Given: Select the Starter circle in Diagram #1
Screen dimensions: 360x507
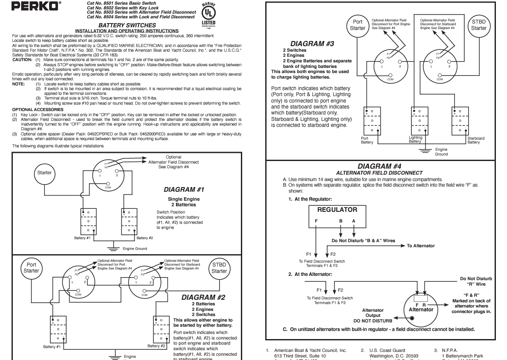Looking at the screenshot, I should [44, 173].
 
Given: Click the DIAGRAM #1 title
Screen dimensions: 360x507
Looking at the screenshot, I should [184, 189].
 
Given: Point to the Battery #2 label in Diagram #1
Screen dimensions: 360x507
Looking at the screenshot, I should [145, 238].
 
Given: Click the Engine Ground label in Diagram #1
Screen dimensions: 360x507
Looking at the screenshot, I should [135, 249].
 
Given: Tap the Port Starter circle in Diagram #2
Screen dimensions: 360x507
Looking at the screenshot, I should [31, 268].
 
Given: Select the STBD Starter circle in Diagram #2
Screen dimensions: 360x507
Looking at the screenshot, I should [219, 268].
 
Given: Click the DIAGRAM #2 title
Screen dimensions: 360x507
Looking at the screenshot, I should [203, 297].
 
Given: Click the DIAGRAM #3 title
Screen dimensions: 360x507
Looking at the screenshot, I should [312, 44].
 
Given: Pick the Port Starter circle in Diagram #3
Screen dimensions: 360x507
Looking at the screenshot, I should [358, 25].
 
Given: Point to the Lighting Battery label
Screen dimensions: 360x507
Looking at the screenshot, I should [415, 140].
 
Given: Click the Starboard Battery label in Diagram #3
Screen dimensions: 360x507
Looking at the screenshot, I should [476, 140].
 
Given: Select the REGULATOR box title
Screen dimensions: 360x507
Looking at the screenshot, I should [337, 210].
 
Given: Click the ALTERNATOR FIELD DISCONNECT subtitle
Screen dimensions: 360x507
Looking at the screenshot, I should [379, 173].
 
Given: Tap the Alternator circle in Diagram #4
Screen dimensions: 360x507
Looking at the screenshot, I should [421, 306].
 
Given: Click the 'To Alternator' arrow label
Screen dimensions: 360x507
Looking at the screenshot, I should [420, 246].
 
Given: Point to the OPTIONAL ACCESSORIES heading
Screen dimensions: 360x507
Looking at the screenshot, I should [38, 110].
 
